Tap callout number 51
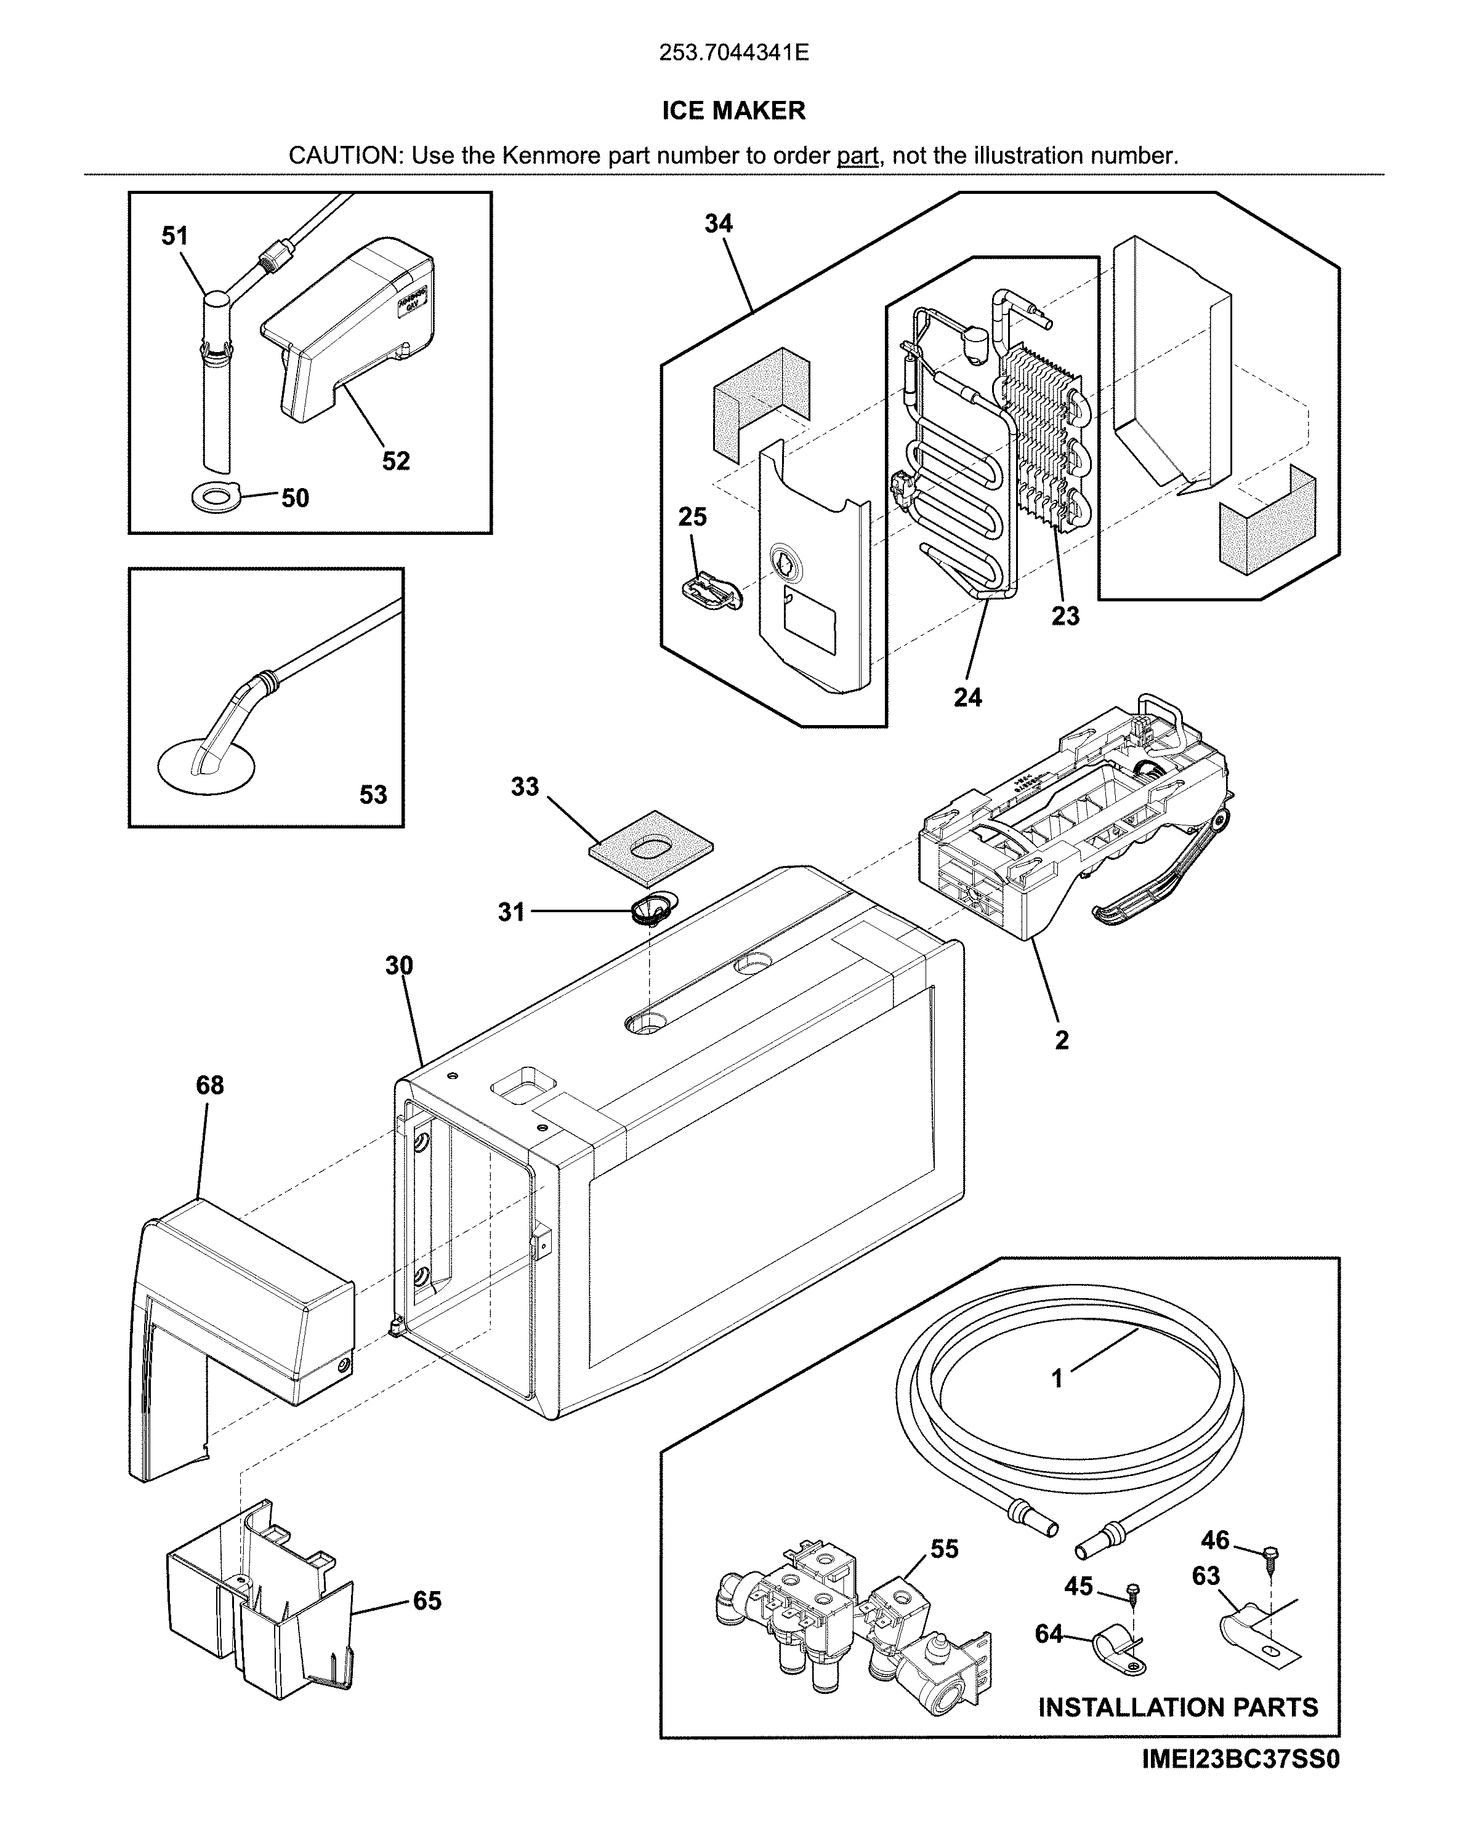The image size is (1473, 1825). pyautogui.click(x=175, y=236)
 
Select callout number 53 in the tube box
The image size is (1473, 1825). pyautogui.click(x=373, y=795)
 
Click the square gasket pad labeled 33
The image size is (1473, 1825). pyautogui.click(x=652, y=844)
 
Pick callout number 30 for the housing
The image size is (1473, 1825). pyautogui.click(x=399, y=965)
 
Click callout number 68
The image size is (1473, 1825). pyautogui.click(x=209, y=1085)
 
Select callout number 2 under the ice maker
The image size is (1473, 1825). pyautogui.click(x=1062, y=1040)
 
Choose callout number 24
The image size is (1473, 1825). pyautogui.click(x=967, y=697)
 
